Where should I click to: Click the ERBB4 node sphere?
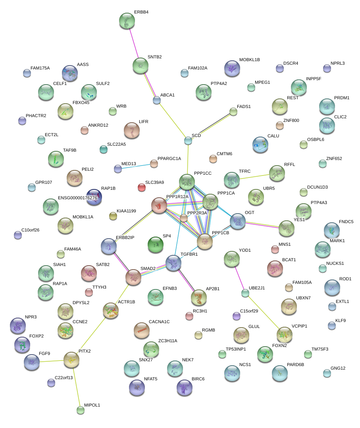pos(127,21)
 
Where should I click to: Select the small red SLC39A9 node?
pos(141,187)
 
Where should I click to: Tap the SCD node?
pos(188,141)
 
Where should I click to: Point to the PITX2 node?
pos(71,360)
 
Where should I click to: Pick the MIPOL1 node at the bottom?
pos(81,410)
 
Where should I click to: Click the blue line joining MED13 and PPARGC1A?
pos(136,166)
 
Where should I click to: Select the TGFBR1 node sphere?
pos(173,263)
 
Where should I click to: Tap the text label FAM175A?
pos(40,68)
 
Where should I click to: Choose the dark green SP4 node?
pos(155,245)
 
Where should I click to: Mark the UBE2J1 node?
pos(245,293)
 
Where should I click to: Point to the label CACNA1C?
pos(159,322)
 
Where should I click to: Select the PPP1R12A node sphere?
pos(159,206)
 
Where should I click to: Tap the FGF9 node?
pos(31,362)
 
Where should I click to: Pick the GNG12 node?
pos(327,373)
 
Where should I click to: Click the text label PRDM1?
pos(342,98)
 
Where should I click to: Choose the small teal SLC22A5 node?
pos(104,149)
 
